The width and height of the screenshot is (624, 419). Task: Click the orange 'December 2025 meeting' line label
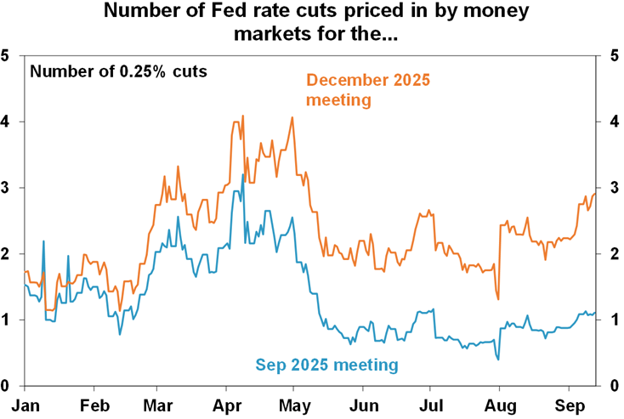368,90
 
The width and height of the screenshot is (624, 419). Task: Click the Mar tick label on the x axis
160,405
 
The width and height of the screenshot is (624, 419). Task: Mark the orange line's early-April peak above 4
243,116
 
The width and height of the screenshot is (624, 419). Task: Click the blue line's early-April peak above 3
243,175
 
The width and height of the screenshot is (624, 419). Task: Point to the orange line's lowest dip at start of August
497,299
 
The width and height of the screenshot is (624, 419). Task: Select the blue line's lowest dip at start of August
497,360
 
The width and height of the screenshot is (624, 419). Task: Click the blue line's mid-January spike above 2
43,241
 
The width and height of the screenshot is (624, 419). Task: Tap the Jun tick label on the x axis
364,405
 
